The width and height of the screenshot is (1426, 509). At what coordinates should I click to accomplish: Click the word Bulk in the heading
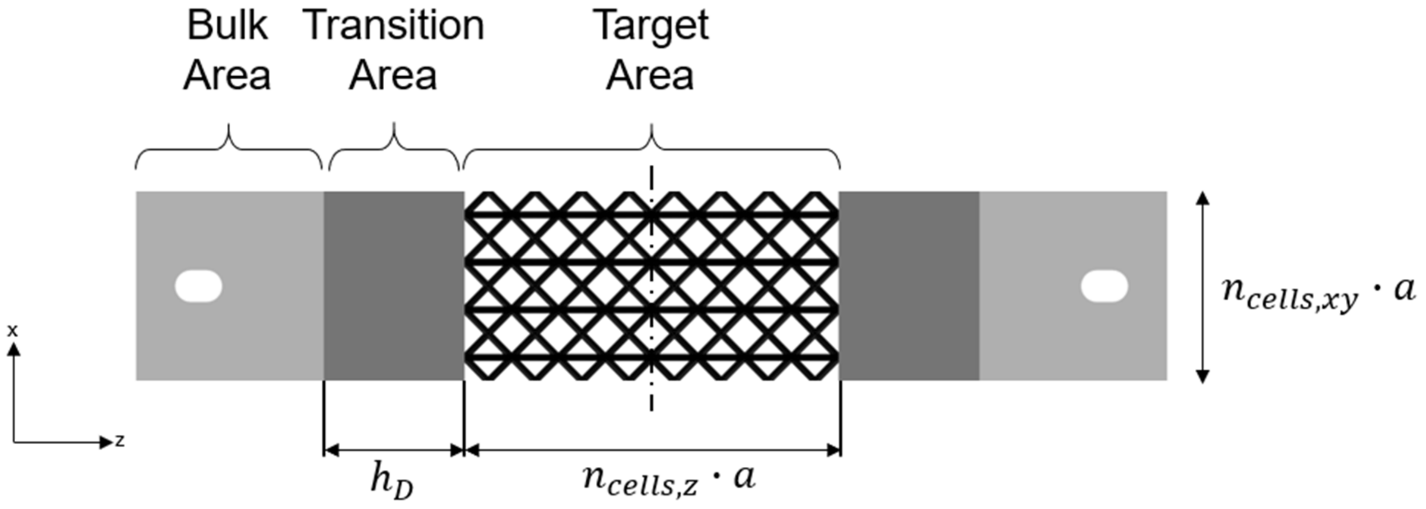[x=227, y=26]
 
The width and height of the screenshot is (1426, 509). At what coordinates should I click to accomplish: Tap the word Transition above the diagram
[x=394, y=26]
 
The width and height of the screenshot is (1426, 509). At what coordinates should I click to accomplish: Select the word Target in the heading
[x=651, y=26]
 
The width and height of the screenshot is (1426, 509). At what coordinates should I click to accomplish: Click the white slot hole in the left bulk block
[x=198, y=286]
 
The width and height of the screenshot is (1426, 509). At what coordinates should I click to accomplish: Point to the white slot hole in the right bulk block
[x=1104, y=286]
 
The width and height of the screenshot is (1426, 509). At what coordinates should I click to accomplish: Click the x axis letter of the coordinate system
[x=12, y=331]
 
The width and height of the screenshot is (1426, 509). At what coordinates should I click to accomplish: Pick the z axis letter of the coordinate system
[x=119, y=441]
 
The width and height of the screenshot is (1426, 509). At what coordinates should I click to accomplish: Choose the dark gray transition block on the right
[x=909, y=286]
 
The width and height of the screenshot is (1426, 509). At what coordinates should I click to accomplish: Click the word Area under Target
[x=650, y=76]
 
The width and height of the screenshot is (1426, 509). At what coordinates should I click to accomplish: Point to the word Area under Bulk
[x=227, y=76]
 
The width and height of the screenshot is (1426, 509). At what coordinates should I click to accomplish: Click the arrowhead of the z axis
[x=106, y=442]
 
